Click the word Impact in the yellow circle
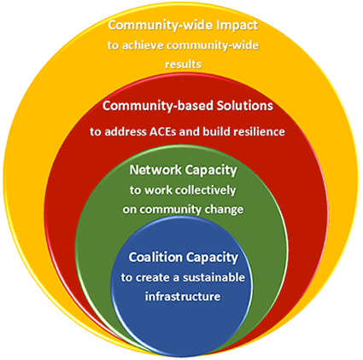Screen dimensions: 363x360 coord(237,26)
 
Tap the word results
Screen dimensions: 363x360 coord(184,64)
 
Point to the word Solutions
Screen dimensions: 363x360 coord(245,106)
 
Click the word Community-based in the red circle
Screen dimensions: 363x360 coord(158,107)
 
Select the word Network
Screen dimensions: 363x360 coord(155,170)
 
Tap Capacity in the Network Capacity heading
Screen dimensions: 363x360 coord(211,171)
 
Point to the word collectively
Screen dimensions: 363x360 coord(205,190)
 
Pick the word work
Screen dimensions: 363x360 coord(157,190)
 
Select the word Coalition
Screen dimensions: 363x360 coord(155,258)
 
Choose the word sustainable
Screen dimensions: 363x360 coord(214,277)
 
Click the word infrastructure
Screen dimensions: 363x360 coord(183,297)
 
